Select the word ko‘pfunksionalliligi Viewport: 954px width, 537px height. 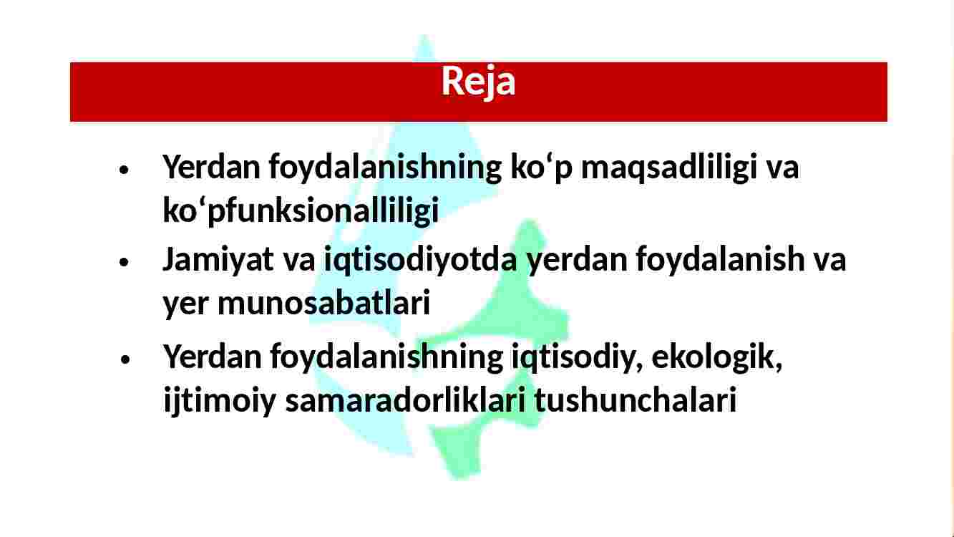(301, 210)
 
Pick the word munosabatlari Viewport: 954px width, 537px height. (323, 301)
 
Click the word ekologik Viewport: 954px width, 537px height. (717, 357)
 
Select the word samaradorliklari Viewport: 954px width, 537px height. (405, 400)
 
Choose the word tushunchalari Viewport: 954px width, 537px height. (636, 400)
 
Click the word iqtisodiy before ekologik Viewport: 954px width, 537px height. (577, 358)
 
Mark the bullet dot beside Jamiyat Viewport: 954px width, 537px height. (124, 261)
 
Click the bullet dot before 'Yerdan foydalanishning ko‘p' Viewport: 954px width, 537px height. (124, 170)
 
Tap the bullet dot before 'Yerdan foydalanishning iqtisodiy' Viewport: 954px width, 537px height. (125, 359)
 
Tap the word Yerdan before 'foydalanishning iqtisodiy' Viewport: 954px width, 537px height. (212, 357)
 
